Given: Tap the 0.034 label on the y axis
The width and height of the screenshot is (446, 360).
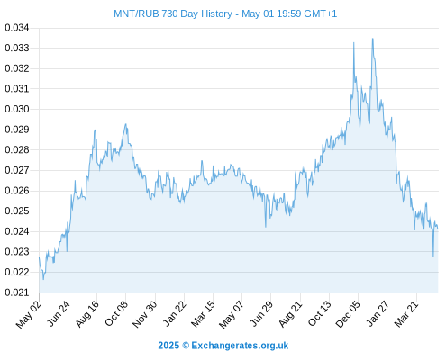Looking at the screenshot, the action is [x=17, y=28].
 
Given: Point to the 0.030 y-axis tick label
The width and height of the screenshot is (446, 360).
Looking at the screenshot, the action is [x=17, y=109].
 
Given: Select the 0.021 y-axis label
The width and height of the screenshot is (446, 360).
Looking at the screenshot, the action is [x=17, y=292].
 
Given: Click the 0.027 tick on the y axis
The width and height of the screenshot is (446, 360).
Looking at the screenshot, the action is [x=17, y=170].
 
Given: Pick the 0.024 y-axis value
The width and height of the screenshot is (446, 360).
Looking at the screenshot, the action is [x=17, y=231].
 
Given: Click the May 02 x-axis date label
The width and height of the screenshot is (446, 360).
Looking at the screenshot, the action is [x=29, y=314].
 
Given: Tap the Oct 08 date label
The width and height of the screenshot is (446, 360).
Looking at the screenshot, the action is [x=116, y=313].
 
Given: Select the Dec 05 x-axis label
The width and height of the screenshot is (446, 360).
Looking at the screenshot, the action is [x=348, y=314].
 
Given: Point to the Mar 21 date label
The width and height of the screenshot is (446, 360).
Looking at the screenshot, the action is [x=406, y=314].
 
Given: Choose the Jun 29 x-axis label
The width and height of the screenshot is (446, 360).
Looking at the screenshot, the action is [x=261, y=313].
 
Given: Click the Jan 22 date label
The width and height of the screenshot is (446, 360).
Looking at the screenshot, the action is [x=175, y=313].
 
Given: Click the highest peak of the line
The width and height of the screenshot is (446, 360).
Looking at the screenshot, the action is [x=373, y=39].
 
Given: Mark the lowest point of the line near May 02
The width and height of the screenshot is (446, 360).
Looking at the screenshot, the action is [x=43, y=280].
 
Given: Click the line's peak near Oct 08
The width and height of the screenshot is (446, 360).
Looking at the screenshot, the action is [x=126, y=124].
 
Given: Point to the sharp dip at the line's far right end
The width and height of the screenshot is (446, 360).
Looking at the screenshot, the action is [x=433, y=256].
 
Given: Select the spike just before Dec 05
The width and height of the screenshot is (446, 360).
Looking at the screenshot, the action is [x=354, y=42].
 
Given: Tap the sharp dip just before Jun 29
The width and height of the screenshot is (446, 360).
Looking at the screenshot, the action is [x=266, y=227].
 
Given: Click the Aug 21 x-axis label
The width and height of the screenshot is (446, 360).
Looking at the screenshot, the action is [x=291, y=314].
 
